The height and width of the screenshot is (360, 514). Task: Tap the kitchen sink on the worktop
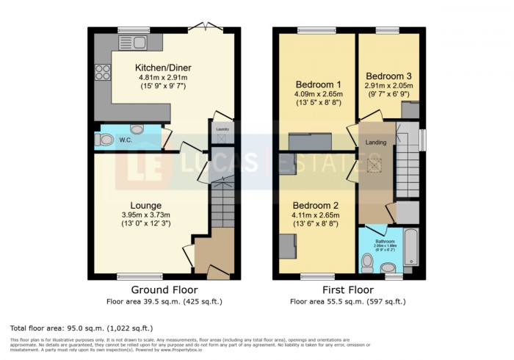pyautogui.click(x=137, y=42)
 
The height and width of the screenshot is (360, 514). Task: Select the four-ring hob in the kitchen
pyautogui.click(x=101, y=73)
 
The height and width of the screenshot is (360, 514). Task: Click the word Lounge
pyautogui.click(x=146, y=205)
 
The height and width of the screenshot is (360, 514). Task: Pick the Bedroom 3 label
pyautogui.click(x=390, y=76)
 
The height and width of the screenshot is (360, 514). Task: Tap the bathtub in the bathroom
pyautogui.click(x=410, y=248)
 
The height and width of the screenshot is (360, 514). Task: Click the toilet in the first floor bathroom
pyautogui.click(x=368, y=262)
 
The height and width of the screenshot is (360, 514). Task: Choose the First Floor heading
pyautogui.click(x=348, y=289)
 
